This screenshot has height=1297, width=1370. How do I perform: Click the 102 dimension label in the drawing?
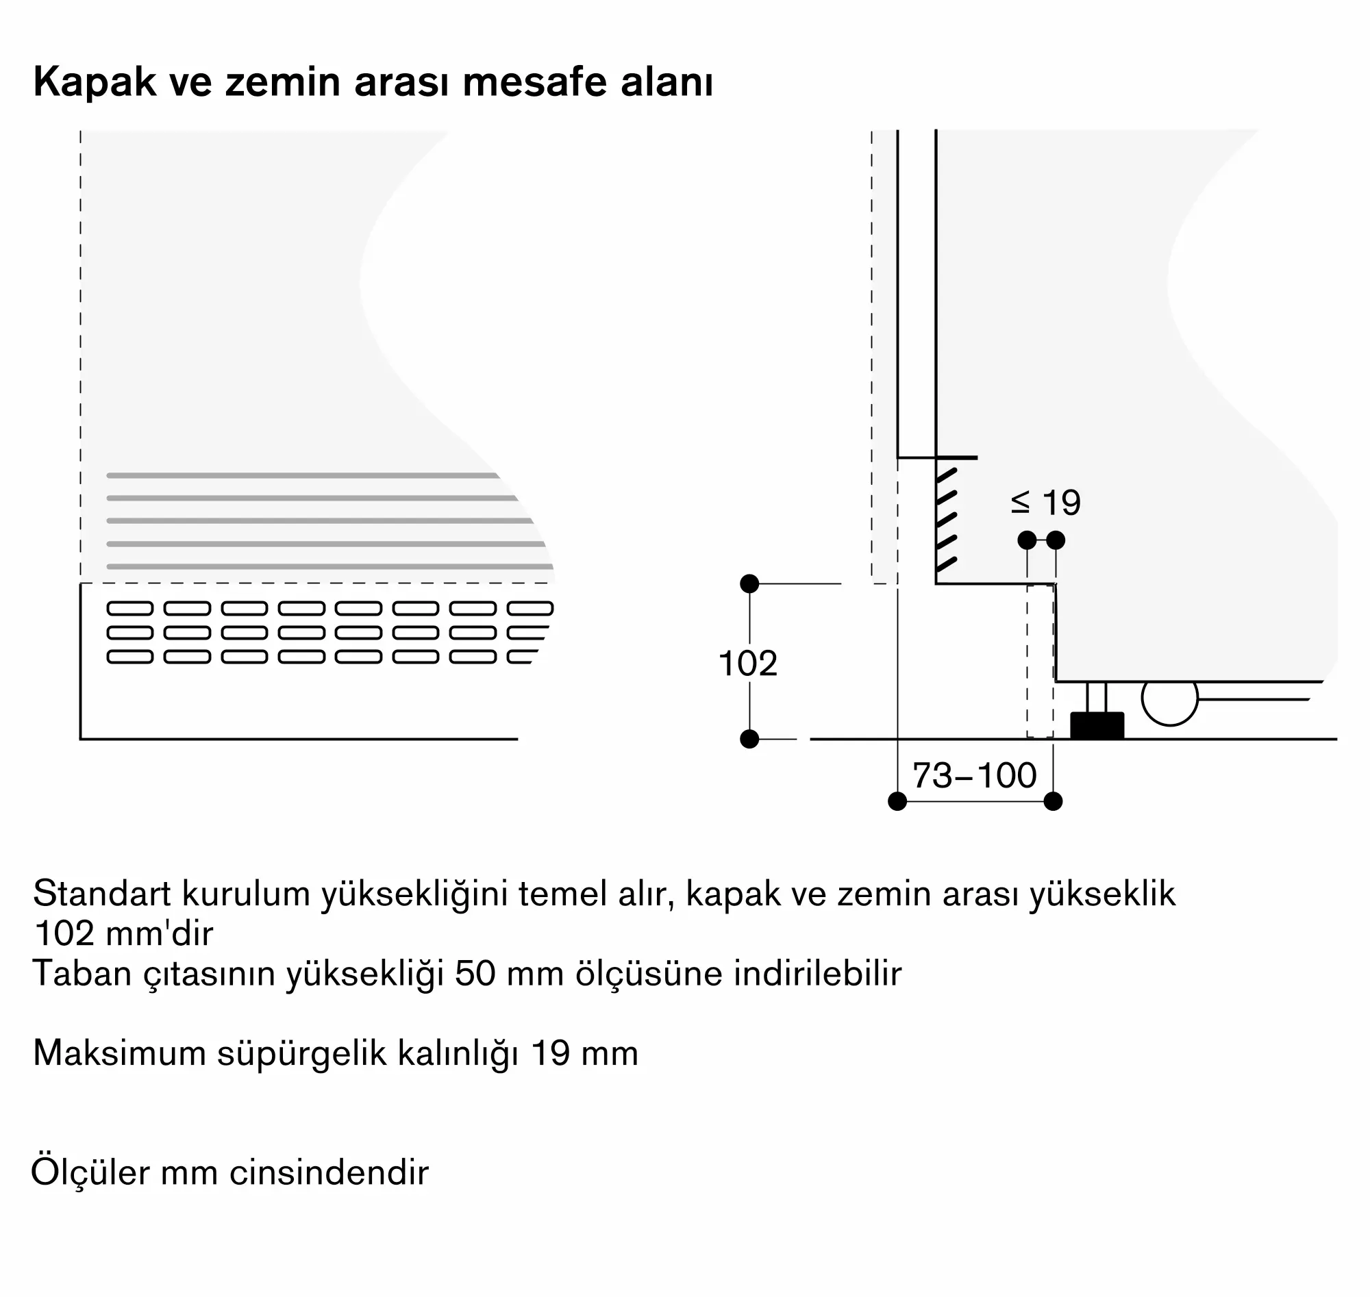(747, 664)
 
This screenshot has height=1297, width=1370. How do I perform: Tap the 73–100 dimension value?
(975, 776)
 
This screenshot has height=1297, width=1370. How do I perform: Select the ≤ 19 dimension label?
(1046, 503)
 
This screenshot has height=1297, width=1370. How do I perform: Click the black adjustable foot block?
(1097, 726)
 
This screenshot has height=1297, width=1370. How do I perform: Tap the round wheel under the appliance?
(1169, 699)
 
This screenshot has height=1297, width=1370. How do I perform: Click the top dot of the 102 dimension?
(749, 584)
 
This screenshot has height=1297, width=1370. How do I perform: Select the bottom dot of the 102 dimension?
(749, 739)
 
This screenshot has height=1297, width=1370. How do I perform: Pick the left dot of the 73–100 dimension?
(897, 801)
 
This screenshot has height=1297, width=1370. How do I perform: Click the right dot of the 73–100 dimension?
(1053, 801)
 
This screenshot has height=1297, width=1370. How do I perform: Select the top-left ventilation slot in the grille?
(130, 608)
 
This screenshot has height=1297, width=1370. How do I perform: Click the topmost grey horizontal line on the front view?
(302, 476)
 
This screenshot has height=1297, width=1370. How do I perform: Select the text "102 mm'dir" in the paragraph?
(123, 933)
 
